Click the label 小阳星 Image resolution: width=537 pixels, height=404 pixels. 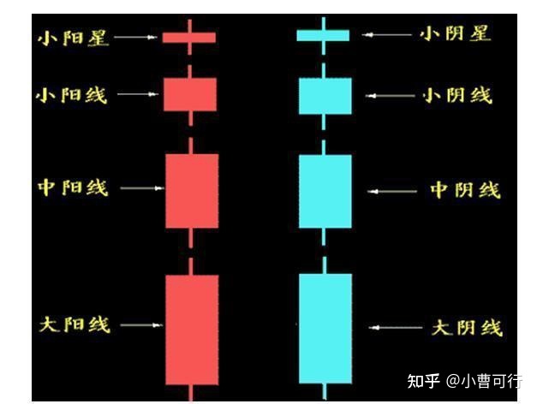point(73,38)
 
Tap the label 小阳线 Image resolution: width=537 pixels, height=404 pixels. point(72,95)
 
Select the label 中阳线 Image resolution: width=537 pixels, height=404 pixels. point(73,187)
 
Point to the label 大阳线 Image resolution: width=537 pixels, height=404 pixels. point(75,324)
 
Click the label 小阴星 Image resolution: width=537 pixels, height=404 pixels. point(456,34)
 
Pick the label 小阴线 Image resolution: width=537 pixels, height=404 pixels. point(457,95)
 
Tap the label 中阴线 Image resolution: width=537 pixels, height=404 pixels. point(465,190)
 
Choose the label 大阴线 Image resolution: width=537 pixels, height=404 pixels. point(467,328)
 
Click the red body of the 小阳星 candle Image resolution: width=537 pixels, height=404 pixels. point(189,38)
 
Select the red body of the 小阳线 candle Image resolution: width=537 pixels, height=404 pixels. point(190,94)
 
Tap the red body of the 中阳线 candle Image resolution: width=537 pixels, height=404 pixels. point(192,191)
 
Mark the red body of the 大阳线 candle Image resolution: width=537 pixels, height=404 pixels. point(192,330)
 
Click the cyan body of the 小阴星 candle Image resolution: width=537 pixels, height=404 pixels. point(323,36)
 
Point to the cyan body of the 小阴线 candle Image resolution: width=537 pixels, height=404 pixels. point(325,96)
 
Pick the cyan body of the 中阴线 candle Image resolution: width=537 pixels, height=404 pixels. point(325,192)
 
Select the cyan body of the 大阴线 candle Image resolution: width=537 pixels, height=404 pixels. point(325,329)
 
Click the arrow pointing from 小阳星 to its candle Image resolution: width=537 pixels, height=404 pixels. point(135,37)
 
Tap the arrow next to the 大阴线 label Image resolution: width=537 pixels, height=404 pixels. point(396,328)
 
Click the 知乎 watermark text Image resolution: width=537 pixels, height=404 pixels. point(423,381)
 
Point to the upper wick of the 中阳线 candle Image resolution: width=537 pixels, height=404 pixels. point(190,146)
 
